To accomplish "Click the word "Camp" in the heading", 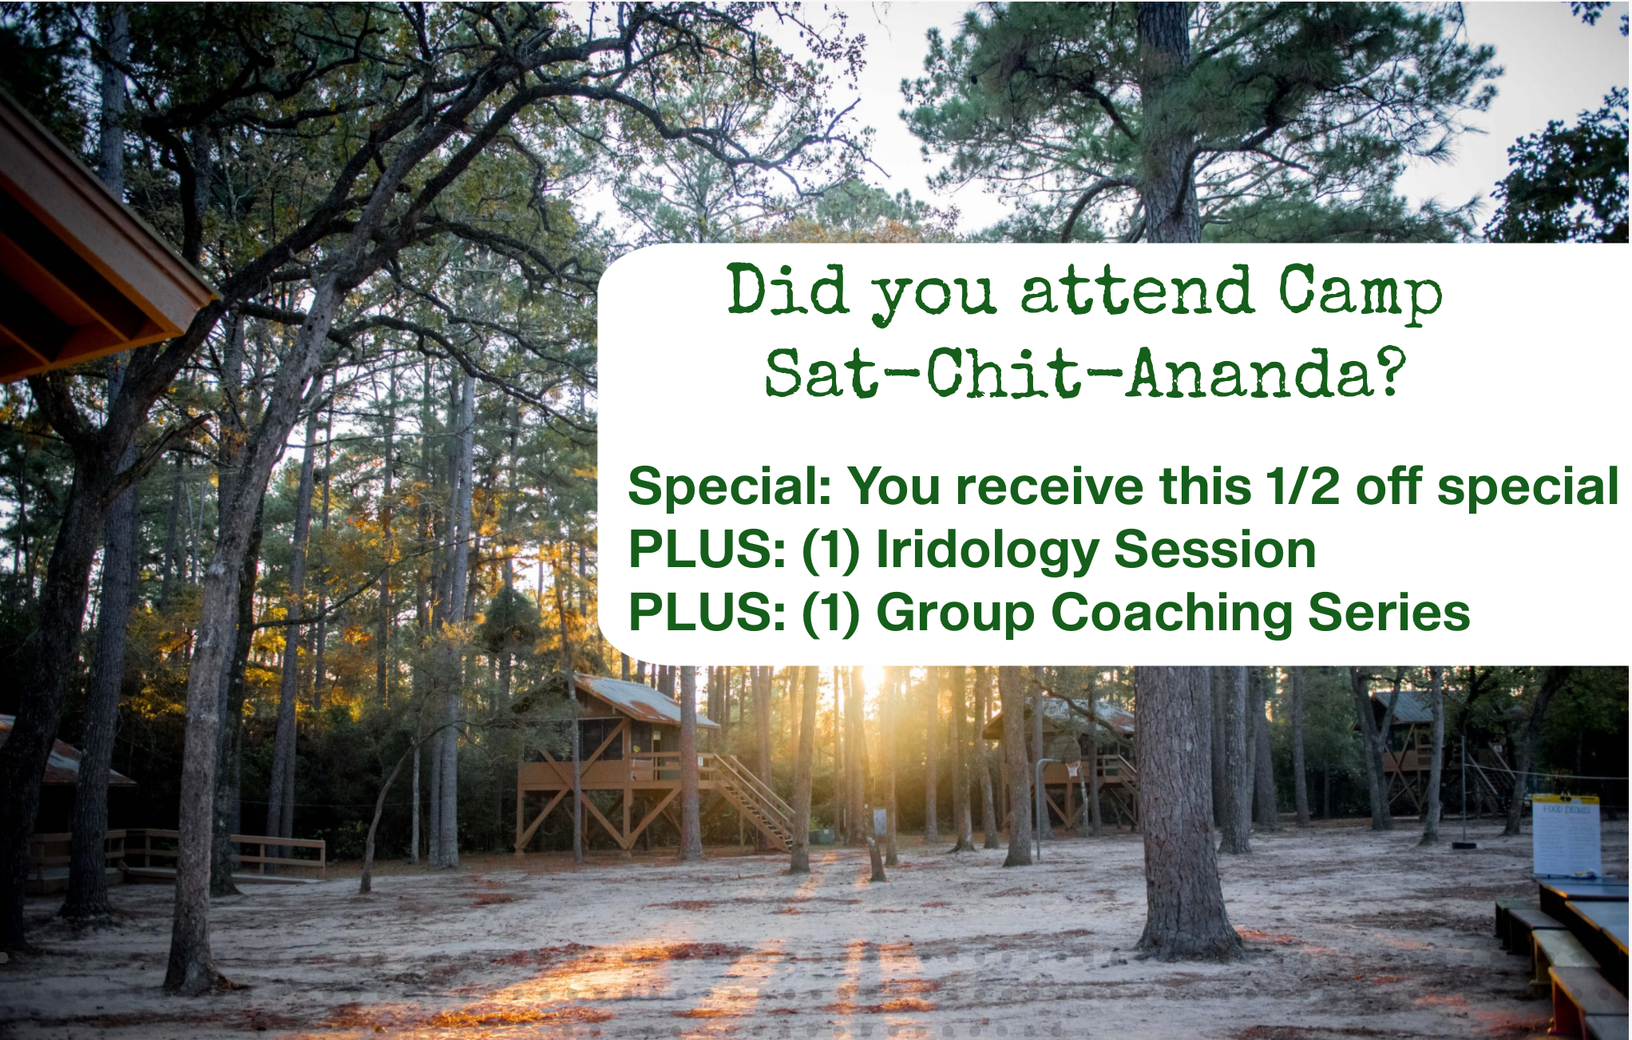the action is (1361, 293).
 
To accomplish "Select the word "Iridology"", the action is (987, 551).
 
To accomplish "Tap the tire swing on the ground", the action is (1464, 844).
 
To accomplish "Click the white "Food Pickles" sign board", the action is (1566, 836).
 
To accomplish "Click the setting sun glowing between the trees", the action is (872, 679).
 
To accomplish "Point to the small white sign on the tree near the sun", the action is (880, 820).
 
